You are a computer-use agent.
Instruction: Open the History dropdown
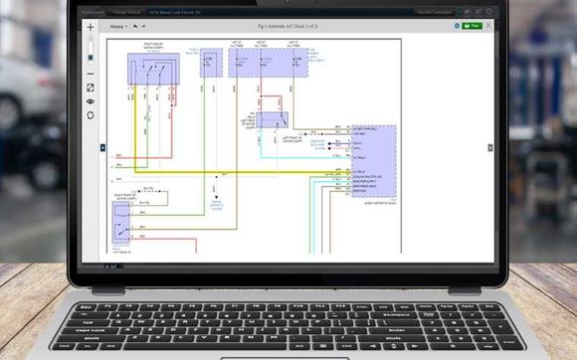pos(118,26)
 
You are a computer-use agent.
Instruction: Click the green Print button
pos(473,26)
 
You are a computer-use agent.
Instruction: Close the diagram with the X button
pos(487,26)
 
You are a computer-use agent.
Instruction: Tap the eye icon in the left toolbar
pos(91,100)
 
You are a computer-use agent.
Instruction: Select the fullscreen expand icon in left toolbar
pos(91,88)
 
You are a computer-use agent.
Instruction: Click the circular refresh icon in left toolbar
pos(91,114)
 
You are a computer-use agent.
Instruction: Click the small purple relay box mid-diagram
pos(270,116)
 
